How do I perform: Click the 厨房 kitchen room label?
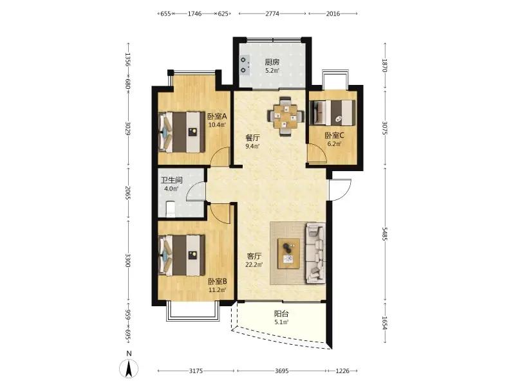[272, 62]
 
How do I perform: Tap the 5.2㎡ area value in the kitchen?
[272, 70]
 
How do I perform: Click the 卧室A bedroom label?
[217, 116]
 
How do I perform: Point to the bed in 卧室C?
[332, 112]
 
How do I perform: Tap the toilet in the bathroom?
[170, 209]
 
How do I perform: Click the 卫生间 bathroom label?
[171, 180]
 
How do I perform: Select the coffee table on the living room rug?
[288, 253]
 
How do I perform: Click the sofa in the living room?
[316, 253]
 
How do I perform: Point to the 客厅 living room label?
[254, 256]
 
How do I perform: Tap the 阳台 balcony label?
[281, 313]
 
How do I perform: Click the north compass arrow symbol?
[129, 368]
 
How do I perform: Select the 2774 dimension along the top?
[272, 14]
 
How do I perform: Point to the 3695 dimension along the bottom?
[281, 371]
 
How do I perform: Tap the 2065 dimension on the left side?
[128, 194]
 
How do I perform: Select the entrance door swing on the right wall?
[340, 190]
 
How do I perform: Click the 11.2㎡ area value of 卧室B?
[218, 290]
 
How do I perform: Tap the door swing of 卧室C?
[317, 154]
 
